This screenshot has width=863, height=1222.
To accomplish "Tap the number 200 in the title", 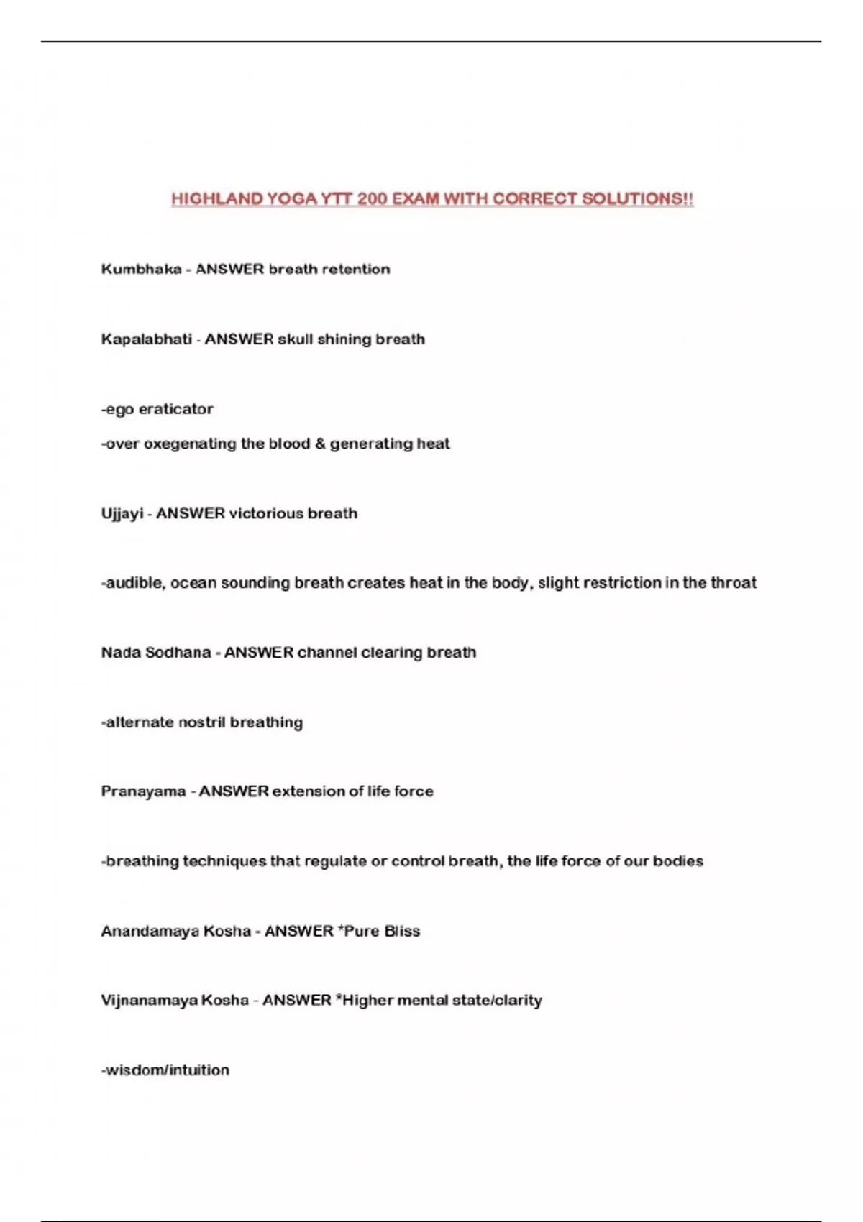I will (x=372, y=199).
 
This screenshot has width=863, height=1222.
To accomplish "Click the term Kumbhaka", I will (x=141, y=270).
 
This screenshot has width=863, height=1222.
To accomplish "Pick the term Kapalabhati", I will (x=146, y=339).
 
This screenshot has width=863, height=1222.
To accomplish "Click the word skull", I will (x=296, y=339).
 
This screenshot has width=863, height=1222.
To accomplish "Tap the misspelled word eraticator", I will (x=176, y=409).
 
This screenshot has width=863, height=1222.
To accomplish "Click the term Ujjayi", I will (x=122, y=514).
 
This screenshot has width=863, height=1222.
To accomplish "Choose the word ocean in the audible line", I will (x=193, y=583).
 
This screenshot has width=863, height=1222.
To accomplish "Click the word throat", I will (x=734, y=583).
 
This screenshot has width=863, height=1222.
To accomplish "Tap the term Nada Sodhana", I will (x=155, y=653).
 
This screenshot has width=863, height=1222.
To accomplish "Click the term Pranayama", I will (x=143, y=791).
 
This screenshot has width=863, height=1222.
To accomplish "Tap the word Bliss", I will (x=402, y=932).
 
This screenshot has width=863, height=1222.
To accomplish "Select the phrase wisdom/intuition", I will (x=165, y=1070).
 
